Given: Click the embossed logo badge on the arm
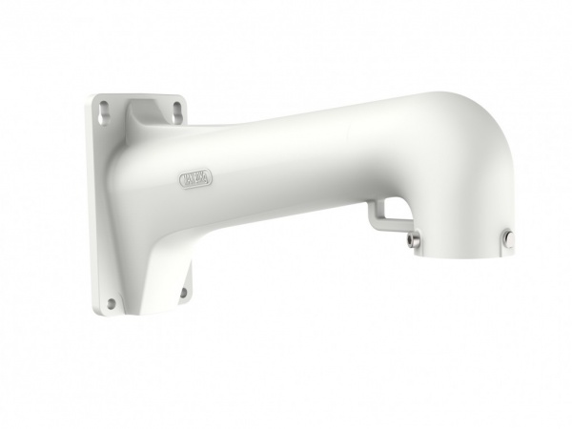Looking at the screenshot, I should click(x=196, y=177).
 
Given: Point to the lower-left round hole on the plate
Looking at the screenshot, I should click(x=112, y=303).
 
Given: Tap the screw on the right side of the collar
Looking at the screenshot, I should click(x=508, y=239).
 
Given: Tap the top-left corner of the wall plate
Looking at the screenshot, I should click(x=98, y=95).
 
